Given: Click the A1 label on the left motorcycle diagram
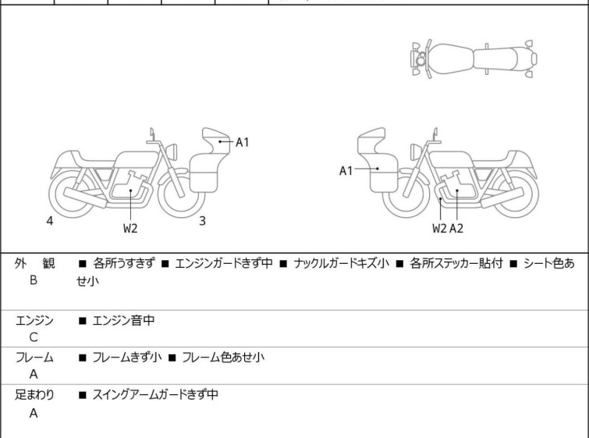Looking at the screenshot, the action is click(243, 143).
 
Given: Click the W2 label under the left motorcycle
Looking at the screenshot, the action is click(130, 228).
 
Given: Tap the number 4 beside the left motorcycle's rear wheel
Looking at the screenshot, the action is click(50, 221).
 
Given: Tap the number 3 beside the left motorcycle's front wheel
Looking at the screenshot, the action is click(203, 221).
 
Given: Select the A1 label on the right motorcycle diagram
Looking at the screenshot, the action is click(346, 171).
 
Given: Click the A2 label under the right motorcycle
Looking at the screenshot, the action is click(456, 228).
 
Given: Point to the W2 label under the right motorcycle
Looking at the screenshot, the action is click(439, 228).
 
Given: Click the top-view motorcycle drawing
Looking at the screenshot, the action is click(474, 59).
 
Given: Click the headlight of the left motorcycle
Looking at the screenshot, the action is click(172, 151).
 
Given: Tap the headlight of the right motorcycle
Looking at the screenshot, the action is click(416, 151).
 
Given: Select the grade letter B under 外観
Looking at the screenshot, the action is click(34, 280).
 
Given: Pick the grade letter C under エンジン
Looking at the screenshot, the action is click(34, 337).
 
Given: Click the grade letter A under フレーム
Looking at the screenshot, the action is click(34, 375).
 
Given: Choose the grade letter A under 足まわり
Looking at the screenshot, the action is click(34, 413).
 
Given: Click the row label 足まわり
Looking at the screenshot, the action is click(34, 395).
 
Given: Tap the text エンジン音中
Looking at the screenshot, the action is click(123, 320).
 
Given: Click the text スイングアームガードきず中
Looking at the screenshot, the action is click(155, 395).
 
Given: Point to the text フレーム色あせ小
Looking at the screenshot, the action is click(223, 357).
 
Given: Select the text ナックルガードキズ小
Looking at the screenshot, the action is click(341, 263).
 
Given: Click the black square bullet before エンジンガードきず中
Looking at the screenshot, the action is click(165, 264).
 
